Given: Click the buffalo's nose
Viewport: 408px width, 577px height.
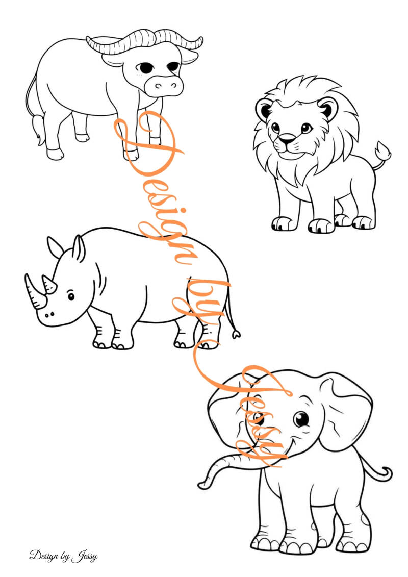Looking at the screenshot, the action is [163, 86].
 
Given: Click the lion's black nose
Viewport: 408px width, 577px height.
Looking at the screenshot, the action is [286, 139].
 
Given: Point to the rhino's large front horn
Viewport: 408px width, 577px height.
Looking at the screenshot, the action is [34, 291].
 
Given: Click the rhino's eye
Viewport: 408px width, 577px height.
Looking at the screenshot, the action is [71, 296].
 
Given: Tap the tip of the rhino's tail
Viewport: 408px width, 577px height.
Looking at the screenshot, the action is [236, 335].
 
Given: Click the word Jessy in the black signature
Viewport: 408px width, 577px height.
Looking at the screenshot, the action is [85, 556].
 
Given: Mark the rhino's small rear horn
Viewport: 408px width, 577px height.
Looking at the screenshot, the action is [49, 285].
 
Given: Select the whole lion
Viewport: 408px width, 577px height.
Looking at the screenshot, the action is [322, 155].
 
